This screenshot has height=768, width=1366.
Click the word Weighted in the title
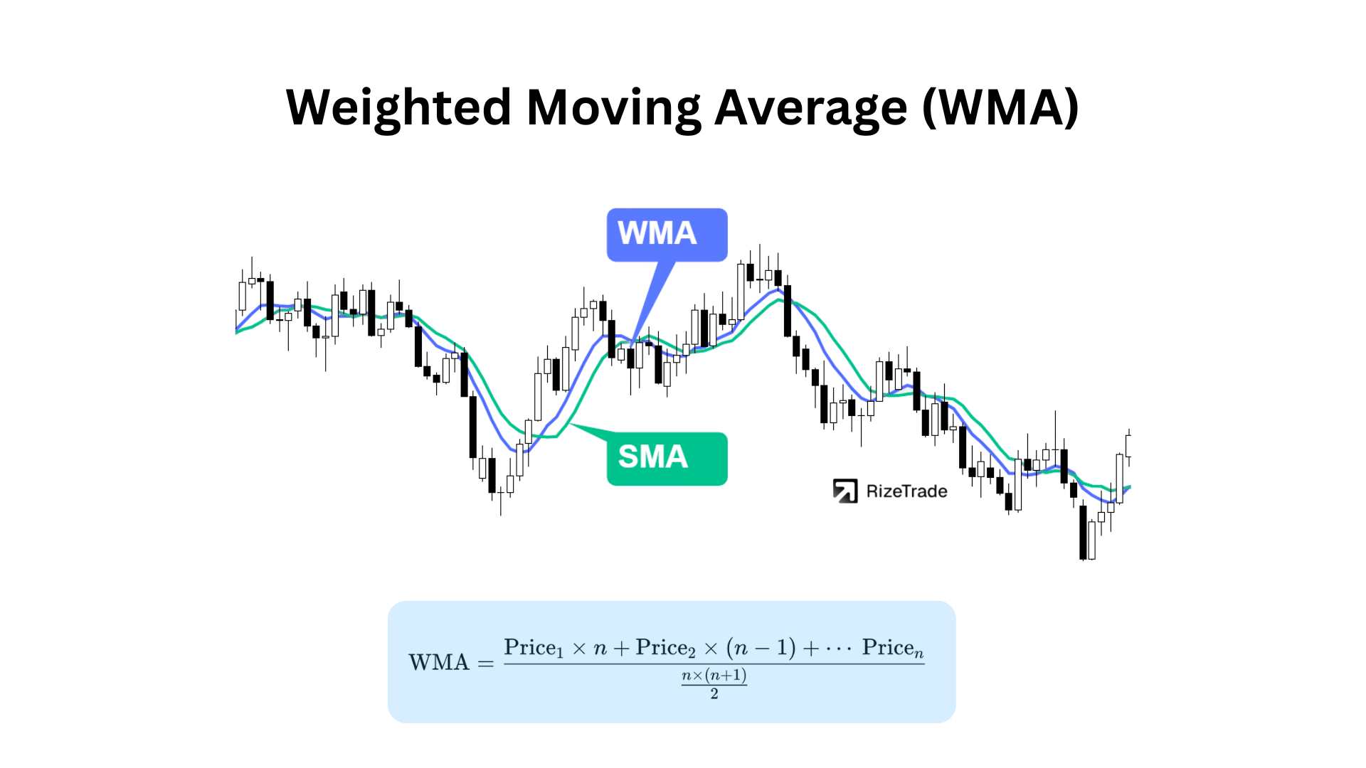point(398,108)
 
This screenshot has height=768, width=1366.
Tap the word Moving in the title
point(613,108)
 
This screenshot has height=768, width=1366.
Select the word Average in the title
point(811,108)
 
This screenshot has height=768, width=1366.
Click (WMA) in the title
point(1000,108)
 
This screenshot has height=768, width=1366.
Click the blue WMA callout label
point(667,234)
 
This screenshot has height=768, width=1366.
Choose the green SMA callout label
point(667,458)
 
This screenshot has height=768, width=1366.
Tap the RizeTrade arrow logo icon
point(845,491)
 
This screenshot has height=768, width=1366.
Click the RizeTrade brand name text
point(906,491)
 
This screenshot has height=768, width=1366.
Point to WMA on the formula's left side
point(439,663)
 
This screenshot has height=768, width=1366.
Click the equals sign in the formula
point(486,663)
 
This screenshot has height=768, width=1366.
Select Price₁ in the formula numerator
point(533,648)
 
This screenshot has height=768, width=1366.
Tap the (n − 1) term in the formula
point(761,648)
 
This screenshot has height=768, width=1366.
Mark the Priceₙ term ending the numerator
point(892,648)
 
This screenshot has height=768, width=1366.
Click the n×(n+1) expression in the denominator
point(714,676)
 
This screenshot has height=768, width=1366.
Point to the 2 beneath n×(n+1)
point(714,694)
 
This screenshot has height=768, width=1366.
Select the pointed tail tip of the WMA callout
point(632,346)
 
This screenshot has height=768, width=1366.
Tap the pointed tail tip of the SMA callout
point(571,425)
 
